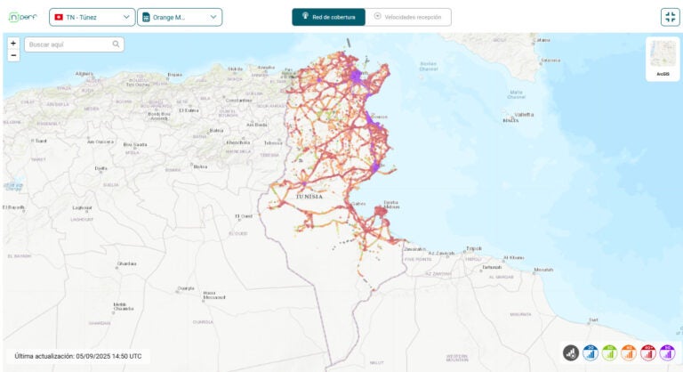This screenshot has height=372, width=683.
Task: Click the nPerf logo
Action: pos(24,17)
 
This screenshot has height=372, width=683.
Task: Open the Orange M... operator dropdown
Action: pos(180,17)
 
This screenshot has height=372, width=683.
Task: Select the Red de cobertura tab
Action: pos(328,17)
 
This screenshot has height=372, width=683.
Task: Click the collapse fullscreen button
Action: pos(670,17)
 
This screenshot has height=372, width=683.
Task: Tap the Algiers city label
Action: pos(84,74)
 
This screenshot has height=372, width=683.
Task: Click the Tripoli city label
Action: pos(474,248)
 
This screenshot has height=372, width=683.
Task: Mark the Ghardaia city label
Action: pos(127,263)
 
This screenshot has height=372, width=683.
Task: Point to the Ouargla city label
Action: pos(185,287)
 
